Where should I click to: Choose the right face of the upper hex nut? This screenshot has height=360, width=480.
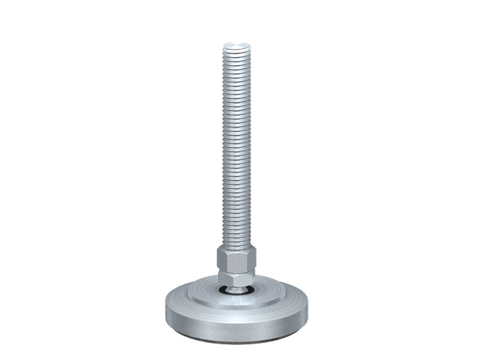[x=250, y=259]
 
